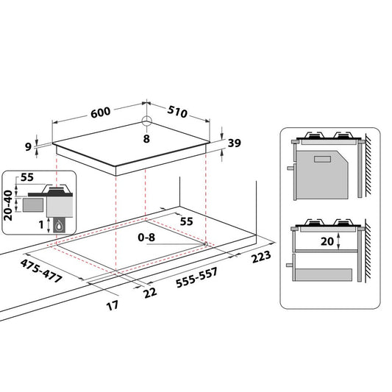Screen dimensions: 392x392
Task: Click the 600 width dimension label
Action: pos(100,113)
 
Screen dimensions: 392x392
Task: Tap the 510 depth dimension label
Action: pos(177,112)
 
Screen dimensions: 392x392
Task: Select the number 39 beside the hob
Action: pos(235,143)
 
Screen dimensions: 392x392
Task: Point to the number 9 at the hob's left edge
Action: pos(28,147)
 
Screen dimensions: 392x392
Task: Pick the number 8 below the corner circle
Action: pos(146,139)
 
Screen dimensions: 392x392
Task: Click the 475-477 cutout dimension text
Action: pos(41,271)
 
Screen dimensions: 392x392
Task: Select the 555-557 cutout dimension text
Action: pos(197,277)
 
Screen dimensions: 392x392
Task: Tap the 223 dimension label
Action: pos(261,257)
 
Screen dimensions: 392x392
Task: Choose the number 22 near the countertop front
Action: pos(150,293)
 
